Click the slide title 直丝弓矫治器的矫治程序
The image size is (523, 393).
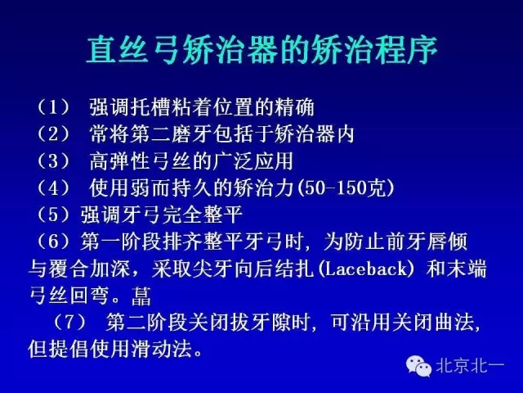pos(261,50)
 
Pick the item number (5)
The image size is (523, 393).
pos(52,215)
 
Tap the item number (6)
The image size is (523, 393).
pos(52,242)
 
